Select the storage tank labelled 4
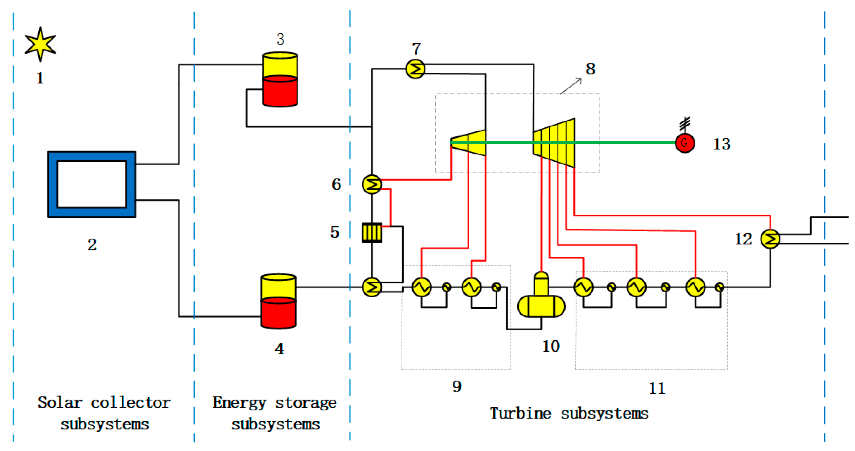coord(278,302)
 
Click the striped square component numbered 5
coord(371,233)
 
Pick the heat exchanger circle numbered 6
coord(372,184)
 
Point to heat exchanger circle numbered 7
coord(415,69)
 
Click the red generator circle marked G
coord(685,143)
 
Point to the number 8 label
coord(591,69)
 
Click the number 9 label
coord(457,386)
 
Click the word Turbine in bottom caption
coord(520,414)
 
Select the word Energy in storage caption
coord(239,403)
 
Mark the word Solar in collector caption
coord(60,403)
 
